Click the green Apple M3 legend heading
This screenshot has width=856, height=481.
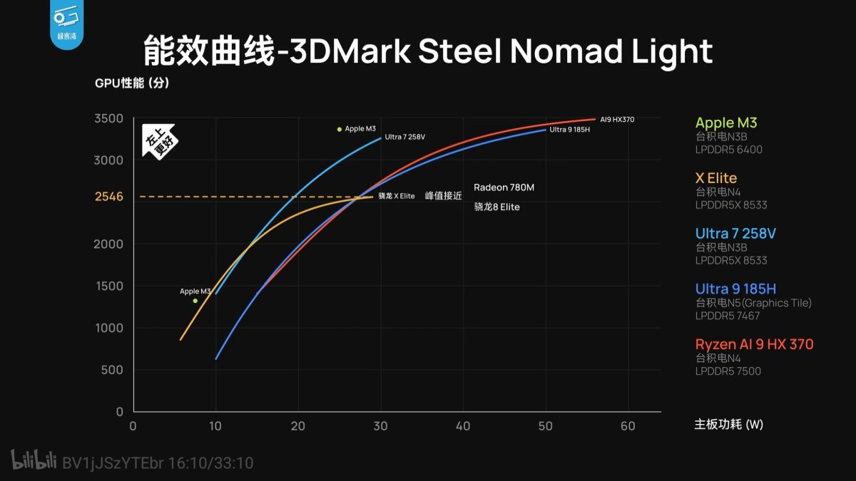click(726, 123)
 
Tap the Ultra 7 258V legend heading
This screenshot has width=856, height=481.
click(735, 233)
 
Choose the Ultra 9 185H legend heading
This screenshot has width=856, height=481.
click(735, 289)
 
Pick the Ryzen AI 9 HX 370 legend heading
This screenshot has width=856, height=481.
click(754, 344)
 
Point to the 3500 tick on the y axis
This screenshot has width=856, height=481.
click(108, 118)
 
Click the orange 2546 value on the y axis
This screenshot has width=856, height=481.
click(109, 197)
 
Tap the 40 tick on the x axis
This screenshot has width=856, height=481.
click(463, 425)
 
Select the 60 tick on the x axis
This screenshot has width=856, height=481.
click(628, 425)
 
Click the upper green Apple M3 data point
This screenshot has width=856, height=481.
click(340, 129)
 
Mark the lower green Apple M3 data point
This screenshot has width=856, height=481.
click(195, 301)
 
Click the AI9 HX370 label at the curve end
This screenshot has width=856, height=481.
click(617, 120)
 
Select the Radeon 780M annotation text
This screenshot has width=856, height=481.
click(504, 187)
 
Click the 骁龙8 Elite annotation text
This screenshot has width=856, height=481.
click(496, 207)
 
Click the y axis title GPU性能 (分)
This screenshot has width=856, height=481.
click(132, 83)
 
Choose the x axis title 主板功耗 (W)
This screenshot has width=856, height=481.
click(728, 425)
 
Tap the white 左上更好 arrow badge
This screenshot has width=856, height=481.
click(159, 143)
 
